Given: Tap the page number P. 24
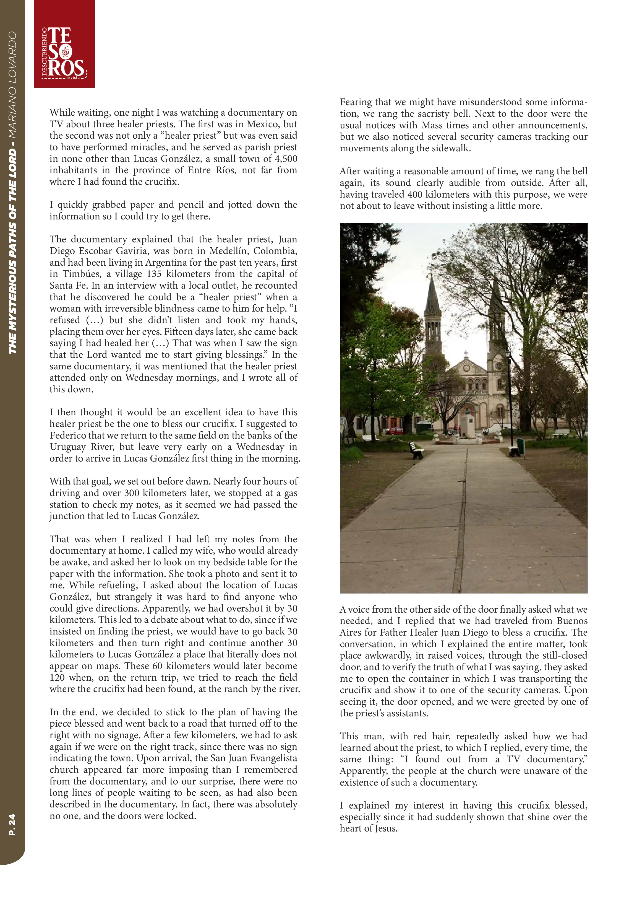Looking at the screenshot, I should click(12, 824).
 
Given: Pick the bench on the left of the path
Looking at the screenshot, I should click(416, 450).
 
